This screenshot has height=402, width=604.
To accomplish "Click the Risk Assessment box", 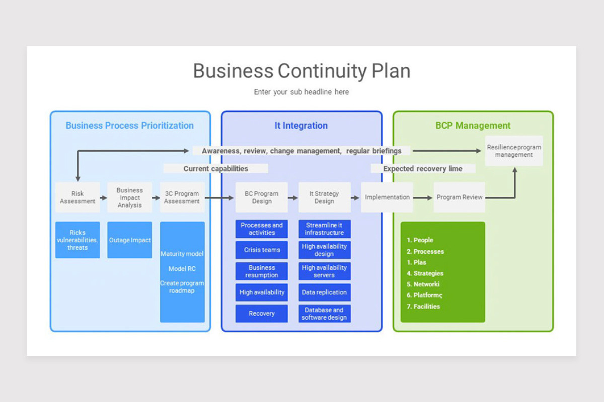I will coord(78,197).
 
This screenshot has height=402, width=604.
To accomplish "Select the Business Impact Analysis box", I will coord(129,197).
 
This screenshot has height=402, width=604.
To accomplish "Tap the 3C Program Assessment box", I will coord(182,197).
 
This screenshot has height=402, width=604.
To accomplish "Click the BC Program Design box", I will coord(262,197).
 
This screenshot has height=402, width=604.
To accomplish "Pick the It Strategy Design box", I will coord(324,197).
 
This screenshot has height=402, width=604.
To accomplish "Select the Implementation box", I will coord(387,197).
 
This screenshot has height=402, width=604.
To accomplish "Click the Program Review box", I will coord(459,197).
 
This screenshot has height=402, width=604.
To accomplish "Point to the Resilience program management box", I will coord(514,151).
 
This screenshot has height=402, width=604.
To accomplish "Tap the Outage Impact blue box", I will coord(129,240).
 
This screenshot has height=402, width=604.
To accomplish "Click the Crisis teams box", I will coord(262,250).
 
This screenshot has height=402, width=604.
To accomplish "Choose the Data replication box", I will coord(324,292).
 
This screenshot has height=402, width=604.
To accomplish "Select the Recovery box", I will coord(262,314).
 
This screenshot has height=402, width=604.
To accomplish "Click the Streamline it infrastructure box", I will coord(324,229).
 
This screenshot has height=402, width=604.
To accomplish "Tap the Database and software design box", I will coord(324,314).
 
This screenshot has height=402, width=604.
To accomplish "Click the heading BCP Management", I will coord(473,126).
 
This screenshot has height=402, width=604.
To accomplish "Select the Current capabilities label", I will coord(215,169).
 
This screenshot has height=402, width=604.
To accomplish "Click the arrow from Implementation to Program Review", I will coord(423,197).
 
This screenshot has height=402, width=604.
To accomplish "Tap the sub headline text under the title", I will coord(301,92).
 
